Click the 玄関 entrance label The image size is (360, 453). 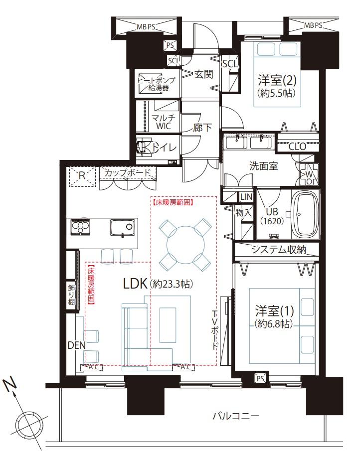click(203, 74)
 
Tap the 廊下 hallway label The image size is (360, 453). click(203, 128)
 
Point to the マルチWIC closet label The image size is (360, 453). click(164, 122)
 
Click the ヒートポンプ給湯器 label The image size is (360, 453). click(157, 84)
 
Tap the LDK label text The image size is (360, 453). click(135, 284)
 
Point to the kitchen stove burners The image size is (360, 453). click(80, 227)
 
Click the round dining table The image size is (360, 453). click(185, 244)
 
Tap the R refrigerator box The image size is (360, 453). click(82, 176)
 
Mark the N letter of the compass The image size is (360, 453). click(10, 385)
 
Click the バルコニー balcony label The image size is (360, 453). click(236, 416)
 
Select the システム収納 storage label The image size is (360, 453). click(279, 249)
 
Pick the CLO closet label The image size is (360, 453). click(297, 147)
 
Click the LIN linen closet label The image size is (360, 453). click(246, 197)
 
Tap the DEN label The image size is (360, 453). click(77, 345)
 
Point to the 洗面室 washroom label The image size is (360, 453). click(264, 166)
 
